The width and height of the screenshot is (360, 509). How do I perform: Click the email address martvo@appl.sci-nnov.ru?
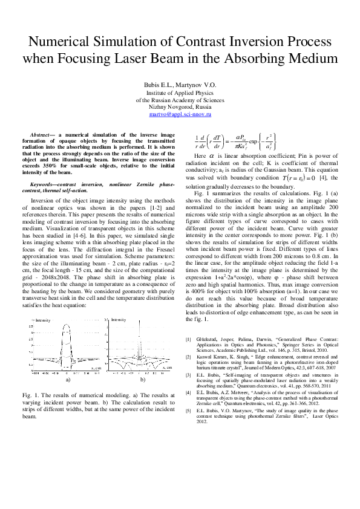[x=180, y=114]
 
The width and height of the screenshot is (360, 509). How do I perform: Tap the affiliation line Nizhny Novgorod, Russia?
[x=180, y=106]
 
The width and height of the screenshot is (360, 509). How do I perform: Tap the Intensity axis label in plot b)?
[x=119, y=319]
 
